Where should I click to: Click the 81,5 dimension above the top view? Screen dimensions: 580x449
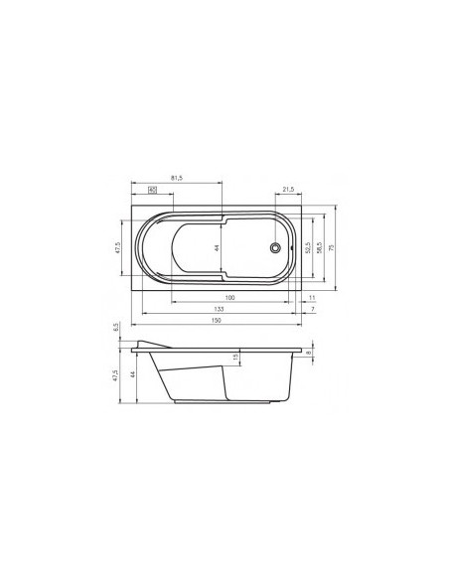point(176,178)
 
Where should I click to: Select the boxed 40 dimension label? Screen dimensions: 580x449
point(152,189)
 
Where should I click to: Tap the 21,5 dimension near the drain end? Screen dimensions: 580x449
point(290,189)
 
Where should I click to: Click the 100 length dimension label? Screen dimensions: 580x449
point(228,298)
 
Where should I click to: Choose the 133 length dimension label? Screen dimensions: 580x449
point(218,310)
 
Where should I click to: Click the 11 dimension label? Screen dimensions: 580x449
point(311,298)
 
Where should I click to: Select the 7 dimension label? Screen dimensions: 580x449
point(311,310)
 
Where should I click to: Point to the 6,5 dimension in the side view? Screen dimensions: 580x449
point(116,328)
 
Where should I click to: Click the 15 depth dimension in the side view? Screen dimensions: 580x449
point(235,359)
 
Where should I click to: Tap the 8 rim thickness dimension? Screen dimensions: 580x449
point(309,352)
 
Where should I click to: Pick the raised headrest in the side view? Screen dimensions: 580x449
point(152,344)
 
